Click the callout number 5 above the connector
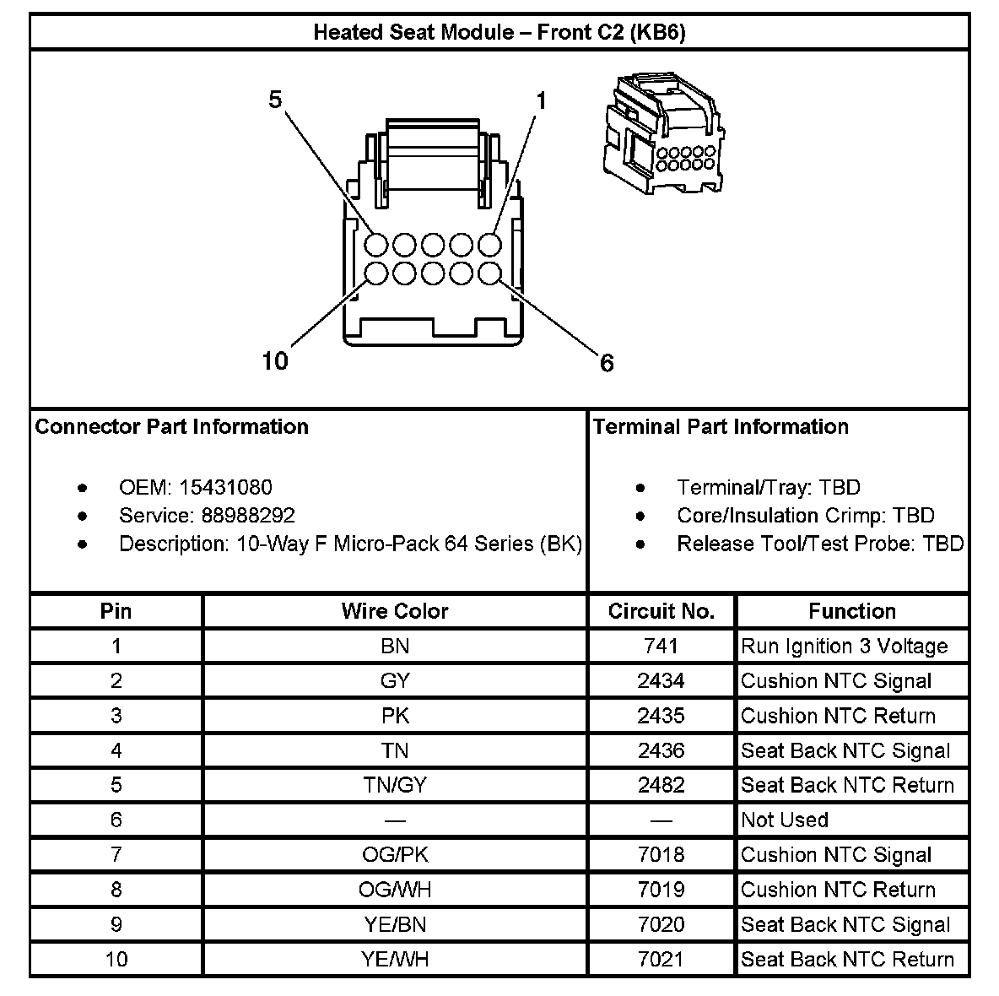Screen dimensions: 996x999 pos(275,100)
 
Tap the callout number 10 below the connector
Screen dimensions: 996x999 pos(275,361)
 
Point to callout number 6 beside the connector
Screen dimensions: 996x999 pos(607,363)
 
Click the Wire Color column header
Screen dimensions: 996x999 pos(395,611)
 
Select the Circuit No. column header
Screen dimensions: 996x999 pos(661,611)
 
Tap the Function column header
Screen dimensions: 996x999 pos(852,611)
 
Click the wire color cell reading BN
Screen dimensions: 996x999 pos(395,647)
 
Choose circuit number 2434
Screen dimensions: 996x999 pos(661,681)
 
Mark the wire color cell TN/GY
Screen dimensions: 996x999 pos(395,785)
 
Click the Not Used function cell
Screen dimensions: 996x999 pos(785,820)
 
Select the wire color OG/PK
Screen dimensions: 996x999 pos(395,854)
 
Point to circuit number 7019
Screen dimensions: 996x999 pos(661,890)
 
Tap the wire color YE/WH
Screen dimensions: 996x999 pos(395,959)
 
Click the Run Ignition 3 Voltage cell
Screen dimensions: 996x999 pos(844,647)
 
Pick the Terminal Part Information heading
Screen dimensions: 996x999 pos(721,426)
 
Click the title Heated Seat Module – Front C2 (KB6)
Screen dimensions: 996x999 pos(499,32)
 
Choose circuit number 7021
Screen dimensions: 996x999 pos(661,959)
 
